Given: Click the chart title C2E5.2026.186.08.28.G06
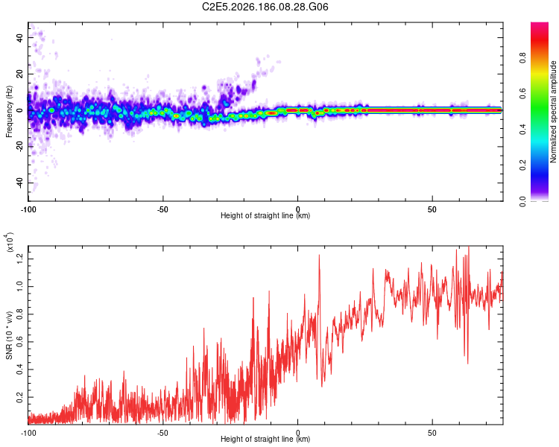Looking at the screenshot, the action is tap(265, 7).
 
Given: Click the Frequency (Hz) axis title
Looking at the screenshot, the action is tap(9, 112).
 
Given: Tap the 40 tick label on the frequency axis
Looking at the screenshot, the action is tap(19, 37).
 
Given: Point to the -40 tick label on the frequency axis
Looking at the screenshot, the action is tap(19, 183).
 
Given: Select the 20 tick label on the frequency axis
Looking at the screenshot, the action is tap(19, 74).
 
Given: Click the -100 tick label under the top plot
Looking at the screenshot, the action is tap(28, 209).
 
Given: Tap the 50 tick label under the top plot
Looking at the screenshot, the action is tap(432, 209).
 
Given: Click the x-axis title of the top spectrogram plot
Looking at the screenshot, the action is tap(265, 215).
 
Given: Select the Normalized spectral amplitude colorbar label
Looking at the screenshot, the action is tap(553, 112).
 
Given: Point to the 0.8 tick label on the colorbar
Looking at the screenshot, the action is tap(522, 58).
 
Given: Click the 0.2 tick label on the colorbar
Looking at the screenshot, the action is tap(522, 165).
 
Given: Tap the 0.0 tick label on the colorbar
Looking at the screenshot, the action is tap(522, 201).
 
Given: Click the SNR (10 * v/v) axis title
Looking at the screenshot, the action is tap(9, 335).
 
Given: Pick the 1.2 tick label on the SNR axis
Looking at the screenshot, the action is tap(19, 259).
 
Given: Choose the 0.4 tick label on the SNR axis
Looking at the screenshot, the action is tap(19, 370).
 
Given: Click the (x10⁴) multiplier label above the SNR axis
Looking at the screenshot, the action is tap(9, 242).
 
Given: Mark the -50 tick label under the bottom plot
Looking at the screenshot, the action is tap(162, 433).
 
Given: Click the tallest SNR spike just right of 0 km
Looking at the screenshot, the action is tap(319, 256).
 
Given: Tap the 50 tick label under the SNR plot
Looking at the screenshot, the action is tap(432, 433).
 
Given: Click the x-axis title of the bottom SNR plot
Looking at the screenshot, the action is tap(265, 439).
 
